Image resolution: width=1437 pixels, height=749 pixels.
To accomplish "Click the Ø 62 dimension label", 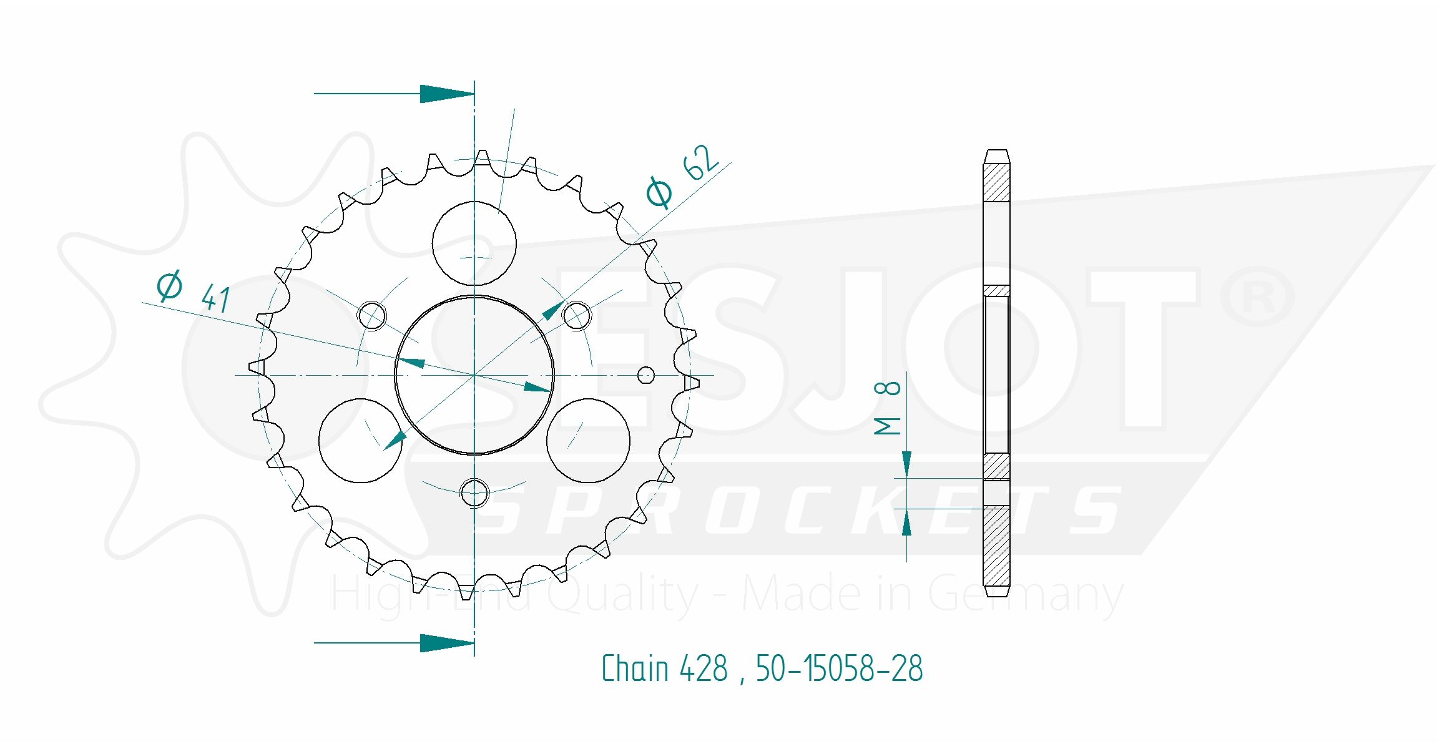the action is pyautogui.click(x=683, y=175).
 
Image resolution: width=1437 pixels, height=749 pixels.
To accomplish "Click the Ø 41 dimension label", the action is pyautogui.click(x=194, y=292).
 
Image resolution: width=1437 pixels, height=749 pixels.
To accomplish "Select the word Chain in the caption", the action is pyautogui.click(x=635, y=668).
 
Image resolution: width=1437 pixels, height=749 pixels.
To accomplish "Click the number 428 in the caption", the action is pyautogui.click(x=704, y=669).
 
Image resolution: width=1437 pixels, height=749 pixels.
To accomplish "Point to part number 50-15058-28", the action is pyautogui.click(x=839, y=669).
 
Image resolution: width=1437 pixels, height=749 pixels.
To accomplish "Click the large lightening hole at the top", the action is pyautogui.click(x=474, y=243).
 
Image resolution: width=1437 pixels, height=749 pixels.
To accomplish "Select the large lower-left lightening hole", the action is pyautogui.click(x=360, y=441).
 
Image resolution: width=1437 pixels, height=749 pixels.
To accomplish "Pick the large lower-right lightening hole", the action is pyautogui.click(x=588, y=441).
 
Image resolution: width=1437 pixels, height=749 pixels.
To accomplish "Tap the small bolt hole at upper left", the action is pyautogui.click(x=372, y=315).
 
